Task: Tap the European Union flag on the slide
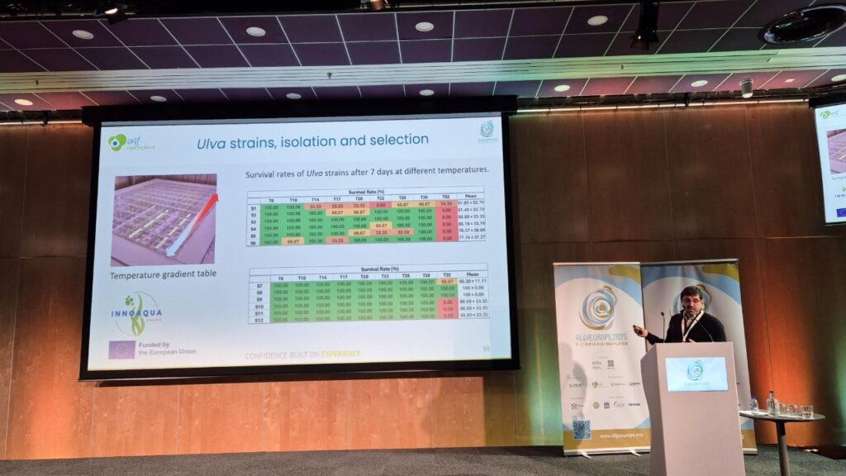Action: [121, 350]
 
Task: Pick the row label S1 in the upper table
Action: [254, 203]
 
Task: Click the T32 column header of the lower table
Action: [447, 277]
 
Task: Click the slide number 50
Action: [486, 349]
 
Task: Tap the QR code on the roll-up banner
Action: [582, 427]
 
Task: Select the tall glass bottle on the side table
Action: [771, 403]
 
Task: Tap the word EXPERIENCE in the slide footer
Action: [340, 355]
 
